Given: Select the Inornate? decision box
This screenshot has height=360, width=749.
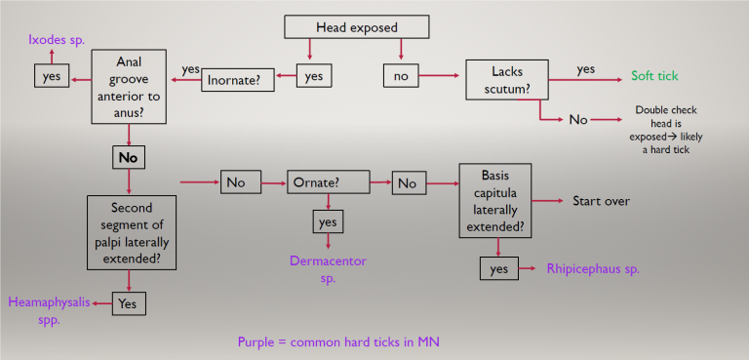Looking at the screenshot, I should (x=236, y=80).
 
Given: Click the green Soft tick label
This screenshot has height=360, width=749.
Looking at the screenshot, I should (x=654, y=75).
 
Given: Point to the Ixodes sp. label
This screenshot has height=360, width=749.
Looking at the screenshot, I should (x=55, y=40).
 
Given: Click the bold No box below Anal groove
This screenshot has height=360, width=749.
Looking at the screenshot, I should (x=129, y=157).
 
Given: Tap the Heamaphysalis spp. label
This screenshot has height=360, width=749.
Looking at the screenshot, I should (x=49, y=310).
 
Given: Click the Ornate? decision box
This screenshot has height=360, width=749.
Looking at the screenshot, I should (x=328, y=182).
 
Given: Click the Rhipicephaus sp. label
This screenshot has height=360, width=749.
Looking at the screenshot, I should (x=593, y=268).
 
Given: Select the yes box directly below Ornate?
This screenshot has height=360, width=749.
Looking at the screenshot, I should (x=327, y=222).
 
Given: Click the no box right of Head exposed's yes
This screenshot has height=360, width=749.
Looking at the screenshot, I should (x=400, y=74).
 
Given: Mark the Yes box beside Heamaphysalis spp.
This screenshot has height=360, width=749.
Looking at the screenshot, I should (x=128, y=304).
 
